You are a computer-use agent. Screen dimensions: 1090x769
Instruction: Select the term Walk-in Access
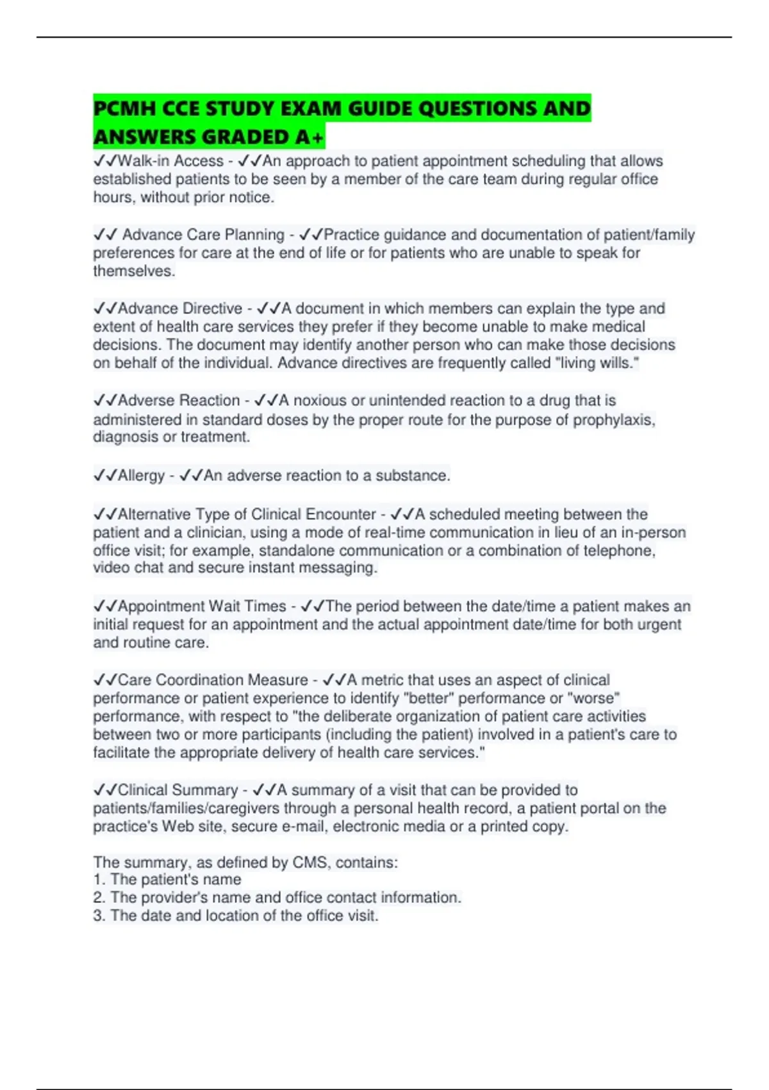tap(170, 161)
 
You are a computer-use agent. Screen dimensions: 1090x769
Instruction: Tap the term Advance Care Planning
tap(203, 235)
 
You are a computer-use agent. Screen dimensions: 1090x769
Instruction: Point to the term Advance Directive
tap(180, 308)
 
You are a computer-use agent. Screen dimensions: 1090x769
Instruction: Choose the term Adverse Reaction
tap(179, 401)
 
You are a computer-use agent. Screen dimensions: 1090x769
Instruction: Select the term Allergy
tap(142, 476)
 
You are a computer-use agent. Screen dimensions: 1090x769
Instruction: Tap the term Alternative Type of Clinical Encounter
tap(247, 514)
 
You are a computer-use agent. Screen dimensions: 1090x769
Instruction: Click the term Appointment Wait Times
tap(202, 606)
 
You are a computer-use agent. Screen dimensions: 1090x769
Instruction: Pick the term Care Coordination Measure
tap(213, 680)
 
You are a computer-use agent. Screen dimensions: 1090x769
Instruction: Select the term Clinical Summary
tap(178, 790)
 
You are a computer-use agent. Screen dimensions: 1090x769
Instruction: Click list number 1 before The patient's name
tap(98, 880)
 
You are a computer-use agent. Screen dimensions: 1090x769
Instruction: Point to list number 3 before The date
tap(98, 916)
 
